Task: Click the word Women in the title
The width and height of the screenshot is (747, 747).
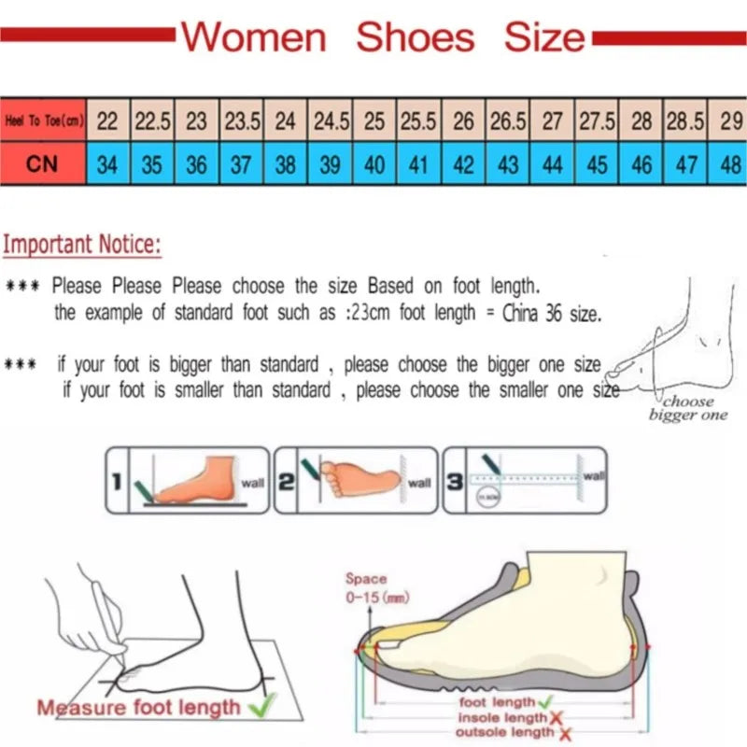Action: (x=253, y=37)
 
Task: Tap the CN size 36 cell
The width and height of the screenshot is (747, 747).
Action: (x=196, y=164)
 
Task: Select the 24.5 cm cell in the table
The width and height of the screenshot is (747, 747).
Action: (x=331, y=120)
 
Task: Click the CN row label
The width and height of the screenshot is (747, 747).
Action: (x=42, y=164)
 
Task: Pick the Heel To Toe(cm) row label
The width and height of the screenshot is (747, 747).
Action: (x=42, y=120)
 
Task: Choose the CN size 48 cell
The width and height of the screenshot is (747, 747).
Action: (x=730, y=164)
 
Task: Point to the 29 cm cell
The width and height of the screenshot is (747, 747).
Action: (x=730, y=120)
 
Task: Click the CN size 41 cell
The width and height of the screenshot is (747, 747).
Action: (x=418, y=164)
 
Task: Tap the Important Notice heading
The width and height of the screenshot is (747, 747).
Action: (x=81, y=246)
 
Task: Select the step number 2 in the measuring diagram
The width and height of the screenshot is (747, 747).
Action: (x=287, y=481)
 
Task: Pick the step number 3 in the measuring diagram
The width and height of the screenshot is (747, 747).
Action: (x=454, y=481)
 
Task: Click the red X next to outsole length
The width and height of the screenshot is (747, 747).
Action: (x=564, y=733)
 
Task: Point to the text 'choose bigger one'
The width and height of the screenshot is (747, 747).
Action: (x=687, y=408)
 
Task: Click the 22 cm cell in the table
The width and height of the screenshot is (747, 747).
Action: (x=107, y=120)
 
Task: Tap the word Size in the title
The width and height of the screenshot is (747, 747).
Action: (x=544, y=37)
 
